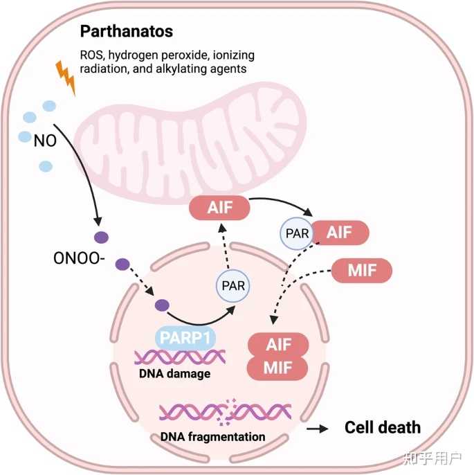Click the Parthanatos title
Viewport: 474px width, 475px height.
coord(126,32)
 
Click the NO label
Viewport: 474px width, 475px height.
coord(43,141)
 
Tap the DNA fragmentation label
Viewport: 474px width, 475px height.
coord(213,437)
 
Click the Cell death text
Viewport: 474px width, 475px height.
coord(383,427)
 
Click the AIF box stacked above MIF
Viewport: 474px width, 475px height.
coord(278,343)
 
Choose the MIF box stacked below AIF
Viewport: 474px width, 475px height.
coord(278,367)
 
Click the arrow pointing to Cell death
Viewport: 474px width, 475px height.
coord(318,429)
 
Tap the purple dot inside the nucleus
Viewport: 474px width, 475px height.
coord(163,305)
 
